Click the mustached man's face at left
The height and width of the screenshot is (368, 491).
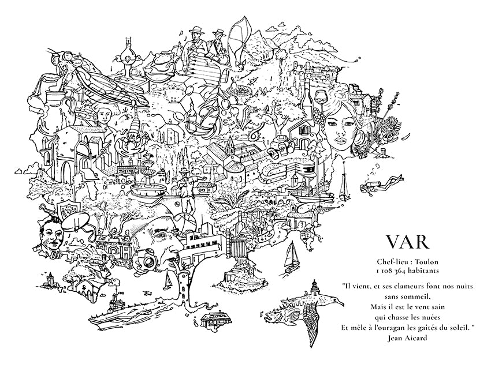coord(50,235)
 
